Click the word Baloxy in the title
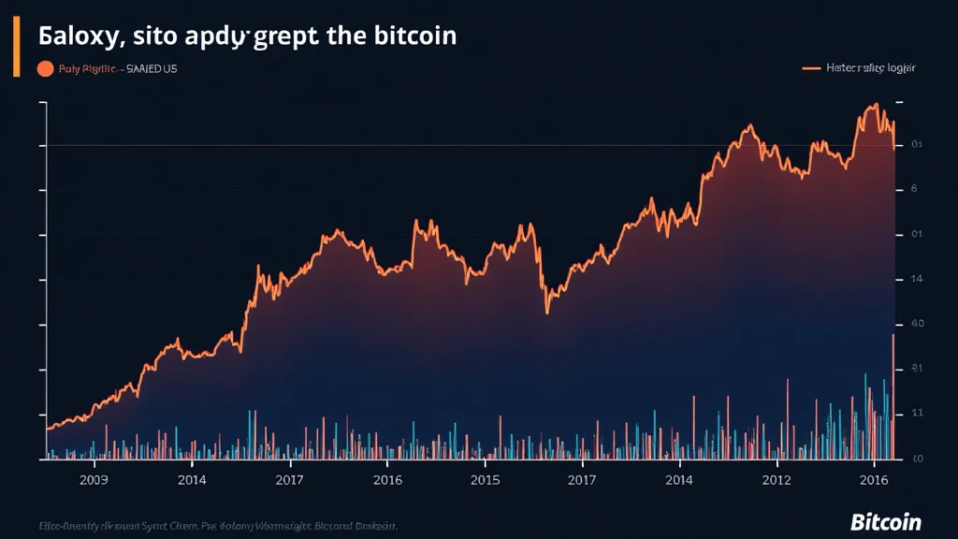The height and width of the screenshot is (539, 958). [77, 36]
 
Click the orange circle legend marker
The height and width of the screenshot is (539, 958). [44, 68]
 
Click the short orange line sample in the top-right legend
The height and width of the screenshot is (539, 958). [812, 68]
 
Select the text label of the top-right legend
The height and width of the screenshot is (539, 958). [872, 68]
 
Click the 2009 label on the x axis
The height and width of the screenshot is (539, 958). [94, 480]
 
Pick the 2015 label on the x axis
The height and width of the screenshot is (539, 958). [484, 480]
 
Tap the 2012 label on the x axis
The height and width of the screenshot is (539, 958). [777, 480]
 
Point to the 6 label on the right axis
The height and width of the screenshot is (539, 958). [914, 189]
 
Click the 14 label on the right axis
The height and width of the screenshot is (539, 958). [916, 279]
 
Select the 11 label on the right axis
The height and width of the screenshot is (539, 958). [917, 413]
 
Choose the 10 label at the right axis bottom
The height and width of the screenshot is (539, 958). [917, 459]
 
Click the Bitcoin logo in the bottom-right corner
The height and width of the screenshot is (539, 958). [885, 521]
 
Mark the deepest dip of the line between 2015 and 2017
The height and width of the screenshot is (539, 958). [547, 312]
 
